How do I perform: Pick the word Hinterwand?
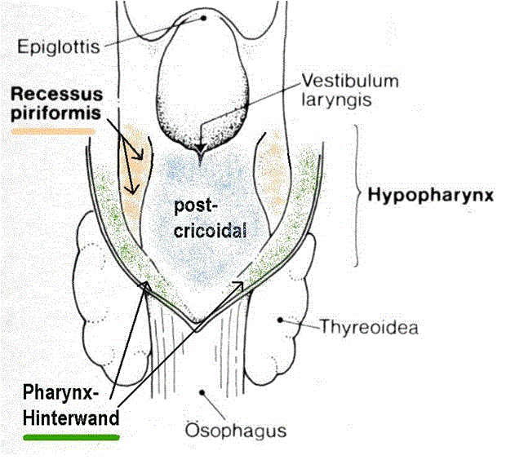70,418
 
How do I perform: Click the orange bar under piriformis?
54,130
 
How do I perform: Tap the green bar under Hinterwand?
72,438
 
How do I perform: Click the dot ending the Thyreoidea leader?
282,320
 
